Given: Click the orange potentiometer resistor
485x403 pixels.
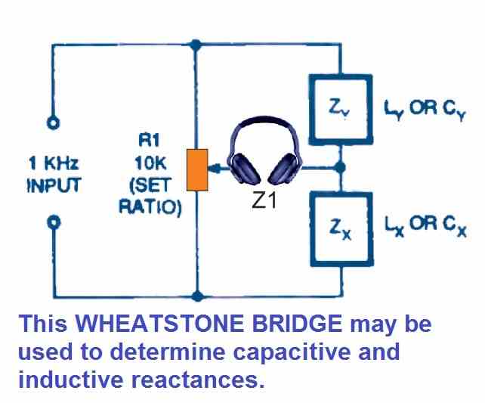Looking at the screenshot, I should (196, 170).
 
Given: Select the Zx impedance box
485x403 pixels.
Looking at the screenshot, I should (341, 225).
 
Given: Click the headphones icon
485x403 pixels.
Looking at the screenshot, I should (263, 155).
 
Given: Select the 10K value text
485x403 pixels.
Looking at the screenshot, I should (150, 161).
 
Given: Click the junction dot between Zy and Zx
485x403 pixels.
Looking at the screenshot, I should (341, 166).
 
